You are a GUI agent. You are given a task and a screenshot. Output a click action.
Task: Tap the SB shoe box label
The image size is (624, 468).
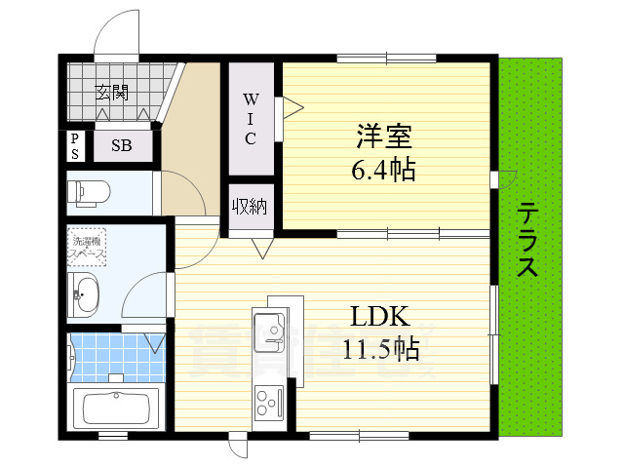pyautogui.click(x=122, y=146)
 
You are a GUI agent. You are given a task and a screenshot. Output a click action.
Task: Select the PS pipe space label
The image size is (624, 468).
pyautogui.click(x=75, y=146)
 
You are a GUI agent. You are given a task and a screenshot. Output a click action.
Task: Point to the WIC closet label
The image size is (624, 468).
pyautogui.click(x=250, y=118)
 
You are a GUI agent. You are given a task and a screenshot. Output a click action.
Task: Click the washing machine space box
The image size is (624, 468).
pyautogui.click(x=86, y=246)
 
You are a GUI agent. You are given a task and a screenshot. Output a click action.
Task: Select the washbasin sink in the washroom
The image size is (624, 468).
pyautogui.click(x=86, y=294)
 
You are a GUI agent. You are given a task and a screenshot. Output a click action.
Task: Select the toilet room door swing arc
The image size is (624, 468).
pyautogui.click(x=183, y=190)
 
